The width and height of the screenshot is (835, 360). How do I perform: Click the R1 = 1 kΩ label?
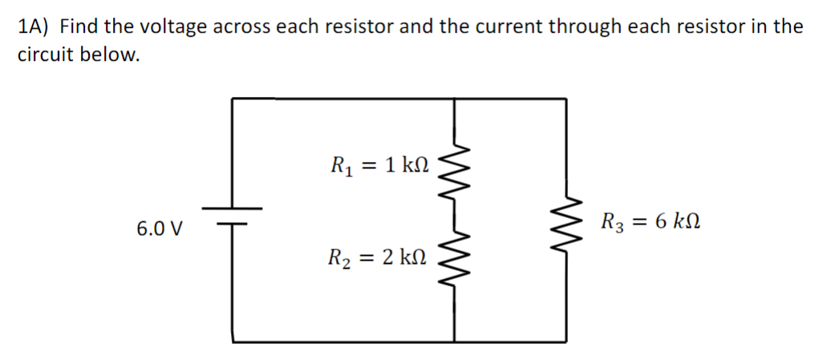379,166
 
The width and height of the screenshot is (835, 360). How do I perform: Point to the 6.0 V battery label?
159,229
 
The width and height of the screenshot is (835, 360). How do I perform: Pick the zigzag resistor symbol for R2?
455,258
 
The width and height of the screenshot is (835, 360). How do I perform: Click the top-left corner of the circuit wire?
233,99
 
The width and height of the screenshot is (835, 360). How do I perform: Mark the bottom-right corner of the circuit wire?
570,342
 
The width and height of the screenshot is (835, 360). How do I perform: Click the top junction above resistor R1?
456,99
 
